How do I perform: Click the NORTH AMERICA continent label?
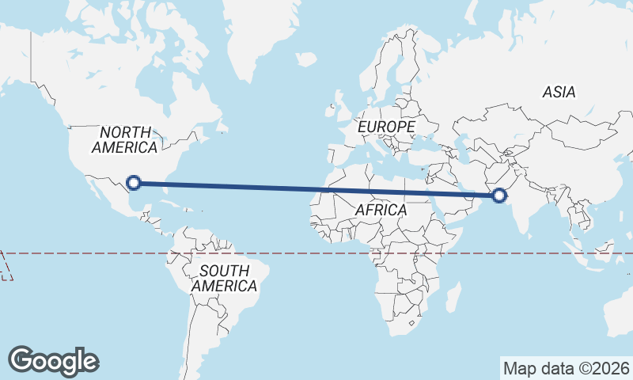click(x=124, y=139)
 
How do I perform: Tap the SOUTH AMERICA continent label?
click(x=225, y=278)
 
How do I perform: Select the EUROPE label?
click(x=385, y=127)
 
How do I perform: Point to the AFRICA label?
click(x=381, y=211)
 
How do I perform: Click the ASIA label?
click(x=559, y=92)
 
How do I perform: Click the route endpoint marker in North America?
click(x=134, y=183)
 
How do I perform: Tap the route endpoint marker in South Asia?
click(x=499, y=196)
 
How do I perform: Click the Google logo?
click(x=54, y=360)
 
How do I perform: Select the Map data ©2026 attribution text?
click(x=567, y=368)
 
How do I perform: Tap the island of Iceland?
click(x=307, y=59)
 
